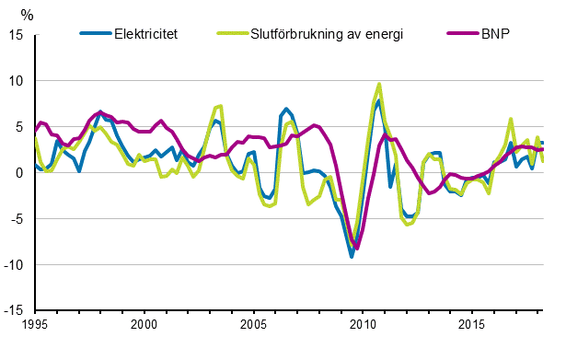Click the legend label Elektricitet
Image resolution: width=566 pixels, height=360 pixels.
coord(145,35)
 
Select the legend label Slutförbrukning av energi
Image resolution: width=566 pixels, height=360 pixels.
coord(327,35)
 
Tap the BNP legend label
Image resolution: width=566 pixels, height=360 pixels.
coord(494,35)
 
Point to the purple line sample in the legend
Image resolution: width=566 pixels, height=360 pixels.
coord(460,35)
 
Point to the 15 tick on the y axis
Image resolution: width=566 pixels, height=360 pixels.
coord(17,35)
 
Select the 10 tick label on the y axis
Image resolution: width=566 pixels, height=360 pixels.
coord(17,81)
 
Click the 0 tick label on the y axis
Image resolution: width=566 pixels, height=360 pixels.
coord(20,173)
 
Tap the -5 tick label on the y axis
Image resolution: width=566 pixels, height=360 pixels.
coord(17,219)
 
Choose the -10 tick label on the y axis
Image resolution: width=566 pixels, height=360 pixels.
coord(15,265)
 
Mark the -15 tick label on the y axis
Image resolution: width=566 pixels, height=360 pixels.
coord(15,311)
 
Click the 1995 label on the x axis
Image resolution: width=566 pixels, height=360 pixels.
coord(35,326)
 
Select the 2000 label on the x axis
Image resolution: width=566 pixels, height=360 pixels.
coord(144,326)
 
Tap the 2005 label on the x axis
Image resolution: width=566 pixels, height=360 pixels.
coord(254,326)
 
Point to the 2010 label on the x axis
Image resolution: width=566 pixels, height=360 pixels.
coord(363,326)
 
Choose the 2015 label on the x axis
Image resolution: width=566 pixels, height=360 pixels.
coord(472,326)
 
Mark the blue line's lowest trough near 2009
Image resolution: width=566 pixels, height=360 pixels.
coord(351,257)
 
